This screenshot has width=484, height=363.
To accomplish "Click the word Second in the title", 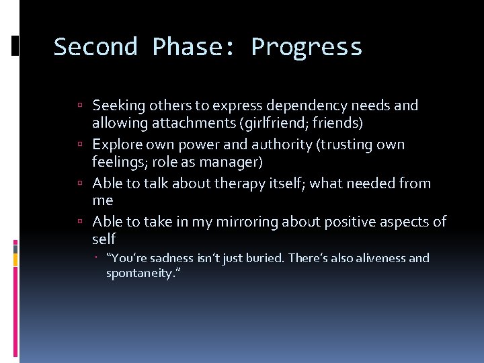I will pyautogui.click(x=95, y=47).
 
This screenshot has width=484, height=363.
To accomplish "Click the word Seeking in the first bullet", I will pyautogui.click(x=117, y=106).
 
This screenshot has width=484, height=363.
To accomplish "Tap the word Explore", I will pyautogui.click(x=116, y=145).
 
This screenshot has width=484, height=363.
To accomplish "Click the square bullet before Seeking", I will pyautogui.click(x=80, y=106).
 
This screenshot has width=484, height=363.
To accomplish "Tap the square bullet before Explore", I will pyautogui.click(x=80, y=145).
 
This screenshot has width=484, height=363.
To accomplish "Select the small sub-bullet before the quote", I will pyautogui.click(x=97, y=258).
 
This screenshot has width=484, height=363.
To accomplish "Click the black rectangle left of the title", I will pyautogui.click(x=15, y=46).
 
